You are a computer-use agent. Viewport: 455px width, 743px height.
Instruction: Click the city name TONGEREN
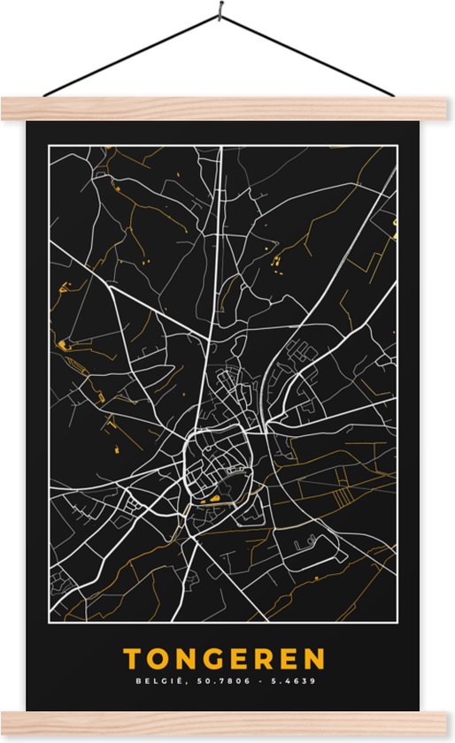click(x=224, y=659)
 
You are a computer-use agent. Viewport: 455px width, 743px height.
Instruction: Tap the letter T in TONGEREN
click(x=133, y=659)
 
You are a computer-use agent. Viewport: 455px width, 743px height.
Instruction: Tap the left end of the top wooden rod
click(x=4, y=109)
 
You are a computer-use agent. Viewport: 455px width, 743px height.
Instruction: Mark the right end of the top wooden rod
click(x=451, y=109)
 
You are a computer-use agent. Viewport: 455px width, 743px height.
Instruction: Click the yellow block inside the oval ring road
click(x=212, y=501)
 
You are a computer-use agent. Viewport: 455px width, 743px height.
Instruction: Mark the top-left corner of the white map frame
click(x=50, y=146)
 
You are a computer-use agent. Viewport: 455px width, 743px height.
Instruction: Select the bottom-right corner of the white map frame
click(x=397, y=621)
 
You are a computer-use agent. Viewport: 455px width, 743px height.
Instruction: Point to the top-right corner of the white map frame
click(x=397, y=146)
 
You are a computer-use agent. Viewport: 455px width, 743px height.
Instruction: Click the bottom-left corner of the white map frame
click(x=50, y=621)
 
